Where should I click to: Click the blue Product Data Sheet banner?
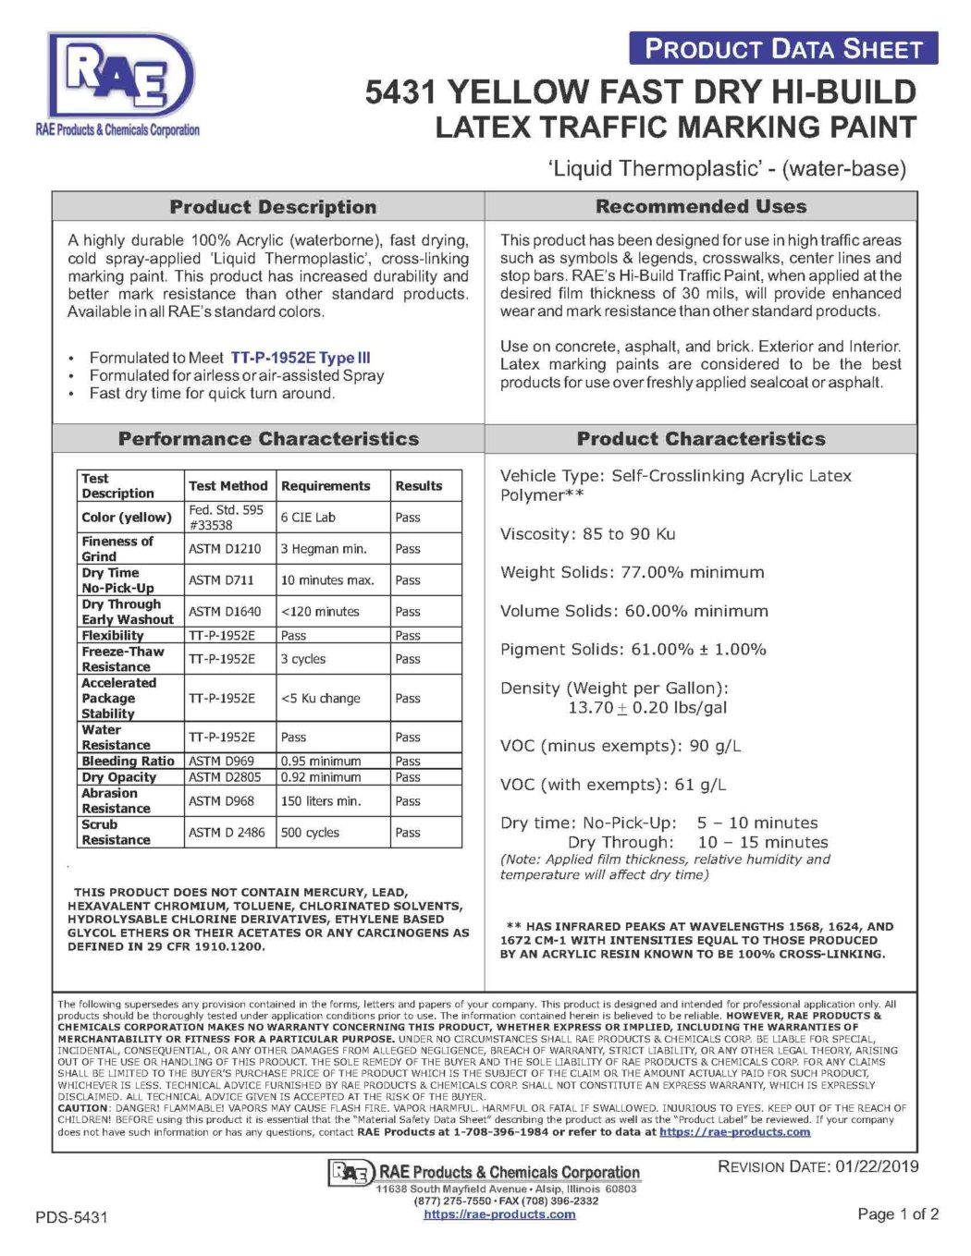coord(782,49)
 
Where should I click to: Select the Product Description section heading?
coord(273,207)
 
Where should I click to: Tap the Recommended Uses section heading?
coord(701,207)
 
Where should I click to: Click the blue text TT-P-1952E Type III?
coord(301,358)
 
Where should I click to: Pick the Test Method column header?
coord(228,486)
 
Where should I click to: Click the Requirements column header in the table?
coord(326,486)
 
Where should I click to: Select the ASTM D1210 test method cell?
coord(225,549)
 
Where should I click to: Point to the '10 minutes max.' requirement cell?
coord(327,580)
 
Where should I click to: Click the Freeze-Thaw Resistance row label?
coord(122,659)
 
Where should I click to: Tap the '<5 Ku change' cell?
coord(321,699)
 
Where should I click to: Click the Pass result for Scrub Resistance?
coord(408,833)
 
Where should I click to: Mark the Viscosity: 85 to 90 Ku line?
coord(587,534)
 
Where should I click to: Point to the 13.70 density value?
coord(591,708)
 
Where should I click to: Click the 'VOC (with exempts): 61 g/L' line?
coord(612,785)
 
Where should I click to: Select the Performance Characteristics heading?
coord(268,439)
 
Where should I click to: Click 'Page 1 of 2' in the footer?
coord(898,1214)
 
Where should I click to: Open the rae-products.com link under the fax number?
coord(499,1214)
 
